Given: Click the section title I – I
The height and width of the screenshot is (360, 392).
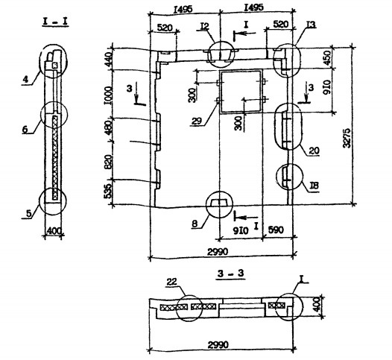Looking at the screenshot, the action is click(55, 22).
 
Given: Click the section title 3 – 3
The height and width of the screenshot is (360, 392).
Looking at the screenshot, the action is click(230, 274).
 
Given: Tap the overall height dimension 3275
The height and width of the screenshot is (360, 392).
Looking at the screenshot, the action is click(347, 138).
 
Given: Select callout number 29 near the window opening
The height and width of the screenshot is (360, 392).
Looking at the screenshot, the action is click(197, 121).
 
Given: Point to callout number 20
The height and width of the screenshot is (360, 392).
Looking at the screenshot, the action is click(314, 151).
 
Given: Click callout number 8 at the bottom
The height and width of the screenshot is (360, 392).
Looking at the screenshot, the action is click(195, 224).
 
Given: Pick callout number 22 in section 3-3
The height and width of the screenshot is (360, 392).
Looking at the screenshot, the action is click(171, 282).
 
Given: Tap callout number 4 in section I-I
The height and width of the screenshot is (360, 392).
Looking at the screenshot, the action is click(25, 80).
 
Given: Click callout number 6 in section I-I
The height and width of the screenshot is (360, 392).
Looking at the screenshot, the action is click(25, 130).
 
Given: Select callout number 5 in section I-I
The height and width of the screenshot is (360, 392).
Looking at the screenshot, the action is click(29, 214).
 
